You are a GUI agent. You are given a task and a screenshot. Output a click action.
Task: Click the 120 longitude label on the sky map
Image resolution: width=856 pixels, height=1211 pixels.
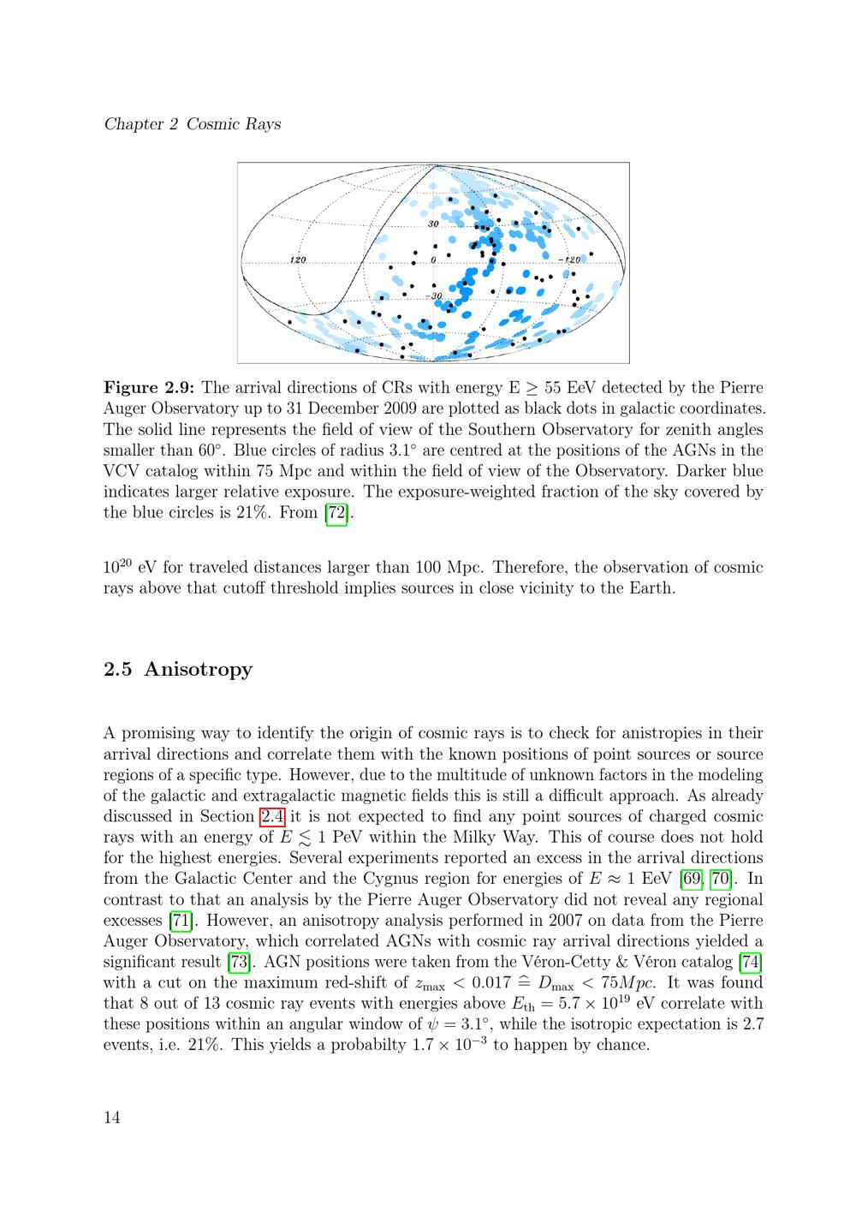[x=298, y=259]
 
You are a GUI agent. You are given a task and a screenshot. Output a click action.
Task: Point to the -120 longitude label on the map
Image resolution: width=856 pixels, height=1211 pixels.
[x=569, y=259]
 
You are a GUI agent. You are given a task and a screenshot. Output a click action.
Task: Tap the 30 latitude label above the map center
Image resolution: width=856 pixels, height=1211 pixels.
[x=433, y=224]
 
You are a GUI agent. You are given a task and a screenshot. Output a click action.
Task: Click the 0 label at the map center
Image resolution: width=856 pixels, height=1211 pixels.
[x=433, y=259]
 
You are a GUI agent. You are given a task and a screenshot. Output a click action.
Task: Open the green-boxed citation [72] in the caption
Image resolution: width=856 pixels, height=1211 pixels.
[x=337, y=513]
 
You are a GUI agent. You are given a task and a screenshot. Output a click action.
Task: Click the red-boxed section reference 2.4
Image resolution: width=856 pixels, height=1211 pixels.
[x=273, y=816]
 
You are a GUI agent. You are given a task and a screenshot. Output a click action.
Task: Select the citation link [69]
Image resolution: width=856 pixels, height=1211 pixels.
[x=692, y=879]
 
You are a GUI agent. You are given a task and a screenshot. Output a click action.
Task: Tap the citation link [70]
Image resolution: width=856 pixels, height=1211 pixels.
[x=719, y=879]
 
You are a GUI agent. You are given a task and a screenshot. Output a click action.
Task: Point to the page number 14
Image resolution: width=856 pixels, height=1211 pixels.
[x=112, y=1117]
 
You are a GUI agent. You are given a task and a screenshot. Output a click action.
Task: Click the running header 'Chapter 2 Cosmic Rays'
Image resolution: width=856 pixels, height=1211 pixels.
[x=193, y=124]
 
